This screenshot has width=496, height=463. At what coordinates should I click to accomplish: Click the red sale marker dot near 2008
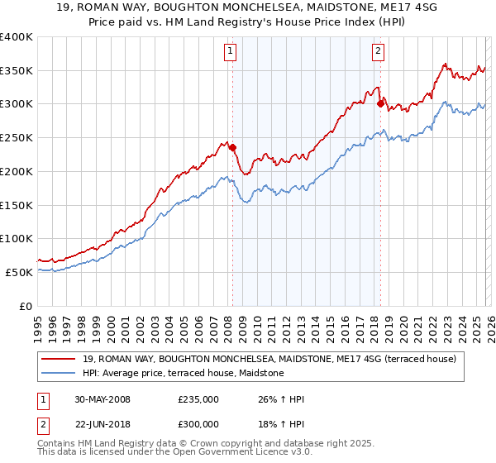[x=232, y=148]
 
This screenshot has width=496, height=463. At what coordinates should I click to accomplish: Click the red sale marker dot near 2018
[x=380, y=103]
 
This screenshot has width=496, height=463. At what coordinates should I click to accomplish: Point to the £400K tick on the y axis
[x=17, y=37]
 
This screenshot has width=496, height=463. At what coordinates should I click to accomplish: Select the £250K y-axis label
[x=17, y=138]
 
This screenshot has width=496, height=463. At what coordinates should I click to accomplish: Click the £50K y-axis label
[x=20, y=272]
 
